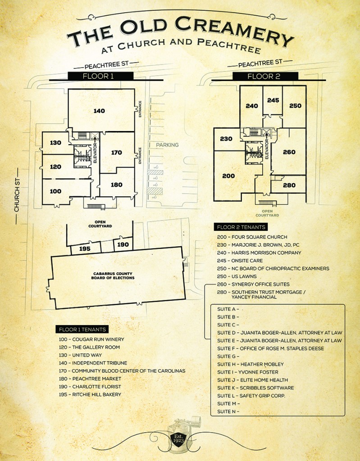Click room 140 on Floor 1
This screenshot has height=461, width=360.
click(x=99, y=111)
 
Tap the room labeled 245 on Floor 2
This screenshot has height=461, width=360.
click(x=273, y=100)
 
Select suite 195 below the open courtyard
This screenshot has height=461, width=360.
click(x=85, y=249)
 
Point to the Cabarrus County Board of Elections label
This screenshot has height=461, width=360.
click(x=113, y=276)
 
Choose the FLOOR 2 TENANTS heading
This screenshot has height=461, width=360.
click(x=241, y=227)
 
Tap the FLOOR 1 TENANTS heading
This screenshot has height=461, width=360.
click(x=82, y=329)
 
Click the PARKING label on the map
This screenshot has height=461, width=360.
click(x=167, y=145)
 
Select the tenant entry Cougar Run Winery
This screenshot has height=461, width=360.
click(x=91, y=339)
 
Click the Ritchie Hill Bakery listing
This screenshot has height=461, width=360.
click(x=90, y=394)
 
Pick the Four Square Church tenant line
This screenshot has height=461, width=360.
click(x=252, y=237)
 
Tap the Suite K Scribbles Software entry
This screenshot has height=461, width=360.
click(x=255, y=388)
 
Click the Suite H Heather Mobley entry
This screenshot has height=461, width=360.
click(x=251, y=364)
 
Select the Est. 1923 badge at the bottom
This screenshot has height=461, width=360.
click(x=178, y=438)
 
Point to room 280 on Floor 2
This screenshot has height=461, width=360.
click(x=289, y=185)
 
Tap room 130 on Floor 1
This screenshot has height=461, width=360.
click(x=55, y=143)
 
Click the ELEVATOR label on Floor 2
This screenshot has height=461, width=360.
click(x=267, y=149)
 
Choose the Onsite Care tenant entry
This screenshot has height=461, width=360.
click(x=240, y=261)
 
